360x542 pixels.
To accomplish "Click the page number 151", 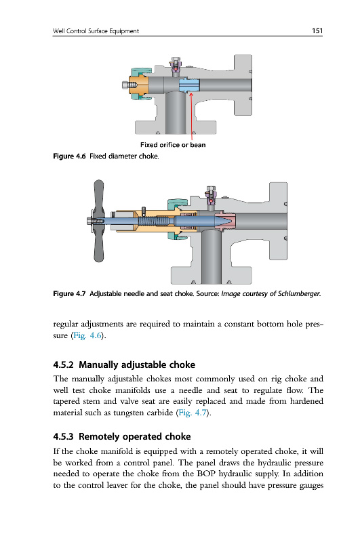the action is (317, 30).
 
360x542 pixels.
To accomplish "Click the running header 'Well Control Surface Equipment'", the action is (96, 31).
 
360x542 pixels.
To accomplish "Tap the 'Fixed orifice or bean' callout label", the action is (173, 145).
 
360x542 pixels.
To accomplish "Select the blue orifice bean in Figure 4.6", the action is (189, 85).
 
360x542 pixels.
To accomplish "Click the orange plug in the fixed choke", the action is (138, 85).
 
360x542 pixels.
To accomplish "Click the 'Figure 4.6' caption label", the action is (69, 157).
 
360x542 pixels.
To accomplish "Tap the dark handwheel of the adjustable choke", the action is (98, 221).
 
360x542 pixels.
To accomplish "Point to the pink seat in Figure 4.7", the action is (226, 222).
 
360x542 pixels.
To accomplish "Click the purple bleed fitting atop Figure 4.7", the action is (211, 198).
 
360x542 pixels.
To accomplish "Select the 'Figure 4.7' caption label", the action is (69, 294).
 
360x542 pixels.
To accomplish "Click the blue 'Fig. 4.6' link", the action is (87, 335).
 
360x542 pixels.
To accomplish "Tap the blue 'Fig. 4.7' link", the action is (193, 413).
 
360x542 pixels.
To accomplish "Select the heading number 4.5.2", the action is (63, 364).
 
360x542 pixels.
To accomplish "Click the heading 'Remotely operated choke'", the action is (135, 436).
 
